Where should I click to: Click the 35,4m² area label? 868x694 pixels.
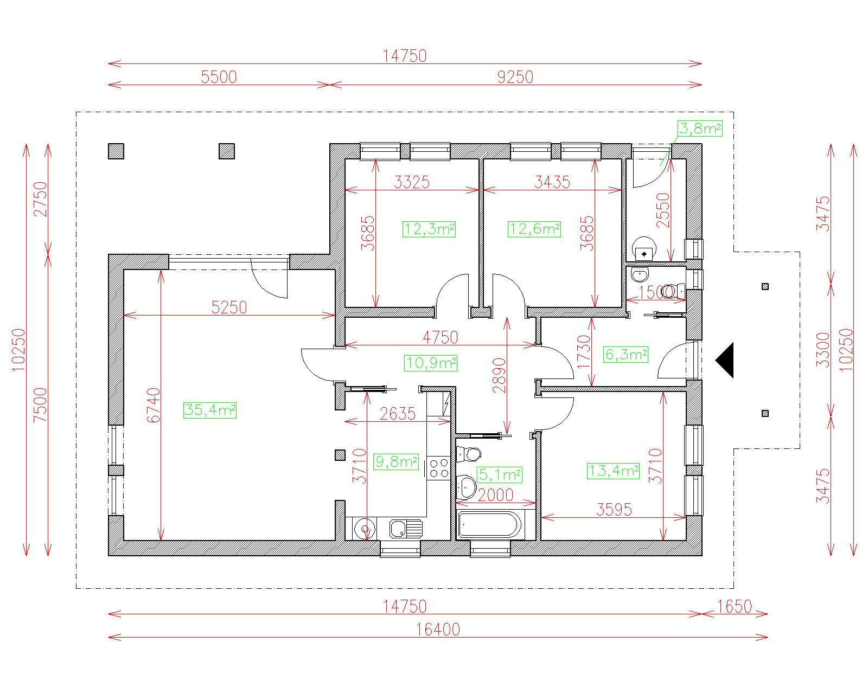[210, 410]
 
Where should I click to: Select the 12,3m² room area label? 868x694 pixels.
[429, 229]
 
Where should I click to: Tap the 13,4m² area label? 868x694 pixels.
[613, 471]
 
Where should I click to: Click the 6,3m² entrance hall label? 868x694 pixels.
[627, 355]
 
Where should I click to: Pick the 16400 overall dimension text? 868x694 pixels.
[438, 629]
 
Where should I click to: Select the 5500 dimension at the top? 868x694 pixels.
[219, 77]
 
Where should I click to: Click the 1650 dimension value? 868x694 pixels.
[735, 607]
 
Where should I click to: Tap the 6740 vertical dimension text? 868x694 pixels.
[154, 405]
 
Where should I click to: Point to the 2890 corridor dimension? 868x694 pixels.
[499, 375]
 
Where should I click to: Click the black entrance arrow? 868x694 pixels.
[724, 360]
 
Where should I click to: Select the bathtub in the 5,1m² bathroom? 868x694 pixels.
[490, 525]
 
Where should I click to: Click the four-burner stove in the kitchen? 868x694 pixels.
[438, 468]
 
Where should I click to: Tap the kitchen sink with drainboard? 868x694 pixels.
[406, 529]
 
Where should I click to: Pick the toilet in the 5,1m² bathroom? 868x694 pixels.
[469, 454]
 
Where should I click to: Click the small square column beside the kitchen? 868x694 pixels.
[340, 455]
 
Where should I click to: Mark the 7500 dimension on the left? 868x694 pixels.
[40, 405]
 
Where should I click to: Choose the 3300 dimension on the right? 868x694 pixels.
[823, 350]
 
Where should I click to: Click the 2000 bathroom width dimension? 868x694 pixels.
[495, 495]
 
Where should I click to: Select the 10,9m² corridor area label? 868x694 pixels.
[431, 363]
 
